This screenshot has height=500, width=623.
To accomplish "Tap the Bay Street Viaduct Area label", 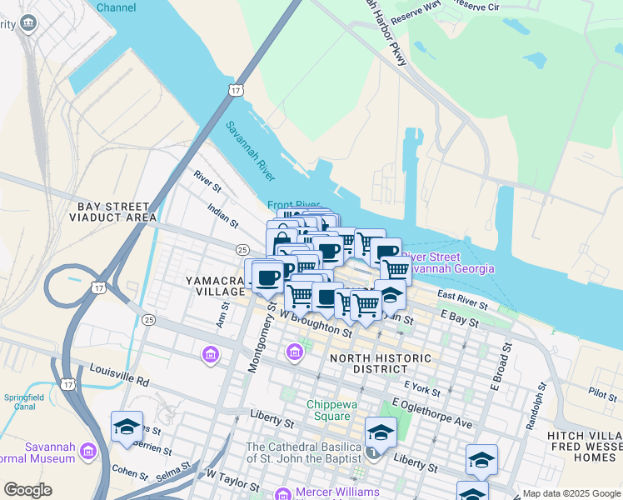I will point(113,212).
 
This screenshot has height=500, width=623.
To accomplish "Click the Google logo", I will point(27,490).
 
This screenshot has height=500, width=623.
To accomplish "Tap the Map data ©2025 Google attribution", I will point(571,493).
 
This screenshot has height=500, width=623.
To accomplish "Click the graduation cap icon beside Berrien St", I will point(127,427).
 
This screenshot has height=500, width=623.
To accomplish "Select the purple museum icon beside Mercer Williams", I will point(282,493).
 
